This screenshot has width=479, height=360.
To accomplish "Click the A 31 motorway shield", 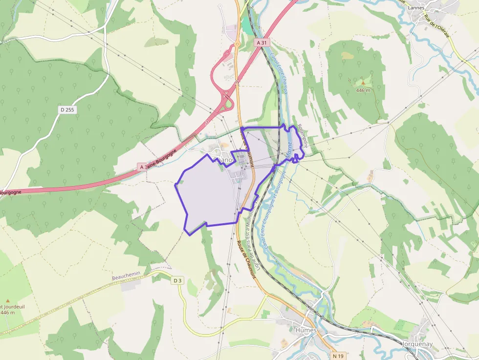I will click(262, 42).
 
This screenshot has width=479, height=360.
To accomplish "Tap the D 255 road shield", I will click(67, 110).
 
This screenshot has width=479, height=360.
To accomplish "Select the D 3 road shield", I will click(177, 280).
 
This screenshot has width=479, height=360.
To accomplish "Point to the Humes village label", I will click(306, 330).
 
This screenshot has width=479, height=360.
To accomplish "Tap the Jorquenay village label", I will click(417, 344).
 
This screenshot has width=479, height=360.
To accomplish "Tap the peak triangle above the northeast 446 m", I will click(363, 83).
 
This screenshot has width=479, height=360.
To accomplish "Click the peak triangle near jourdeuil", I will click(7, 300).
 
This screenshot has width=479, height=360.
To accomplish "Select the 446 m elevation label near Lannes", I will click(363, 90).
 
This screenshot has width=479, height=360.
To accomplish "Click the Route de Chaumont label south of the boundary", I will click(246, 259).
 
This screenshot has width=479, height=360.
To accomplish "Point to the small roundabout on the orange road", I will click(237, 43).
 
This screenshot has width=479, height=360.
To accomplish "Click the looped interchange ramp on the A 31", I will click(227, 103).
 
